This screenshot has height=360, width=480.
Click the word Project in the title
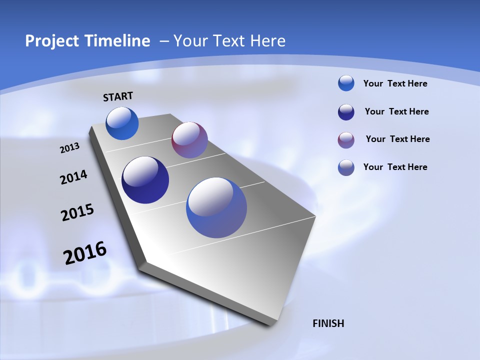click(x=52, y=41)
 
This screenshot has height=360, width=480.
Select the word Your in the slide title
click(x=190, y=41)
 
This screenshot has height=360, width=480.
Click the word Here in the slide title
click(x=267, y=41)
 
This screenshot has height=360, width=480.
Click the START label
click(x=118, y=96)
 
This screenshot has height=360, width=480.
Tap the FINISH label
click(x=328, y=323)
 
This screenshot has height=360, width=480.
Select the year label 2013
click(x=69, y=148)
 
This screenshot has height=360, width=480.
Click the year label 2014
click(x=74, y=177)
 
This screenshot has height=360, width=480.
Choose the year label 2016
click(x=85, y=253)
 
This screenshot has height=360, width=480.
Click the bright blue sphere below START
click(x=122, y=123)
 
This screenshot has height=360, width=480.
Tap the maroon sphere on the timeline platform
click(x=189, y=140)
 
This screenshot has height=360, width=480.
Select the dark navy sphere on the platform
click(x=145, y=180)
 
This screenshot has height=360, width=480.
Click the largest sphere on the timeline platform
click(x=216, y=207)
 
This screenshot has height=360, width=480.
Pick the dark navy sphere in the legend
click(x=346, y=112)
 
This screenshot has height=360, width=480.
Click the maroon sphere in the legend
click(x=346, y=140)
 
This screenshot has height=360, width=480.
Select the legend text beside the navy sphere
click(x=396, y=111)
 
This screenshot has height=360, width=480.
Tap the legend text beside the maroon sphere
click(x=397, y=139)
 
